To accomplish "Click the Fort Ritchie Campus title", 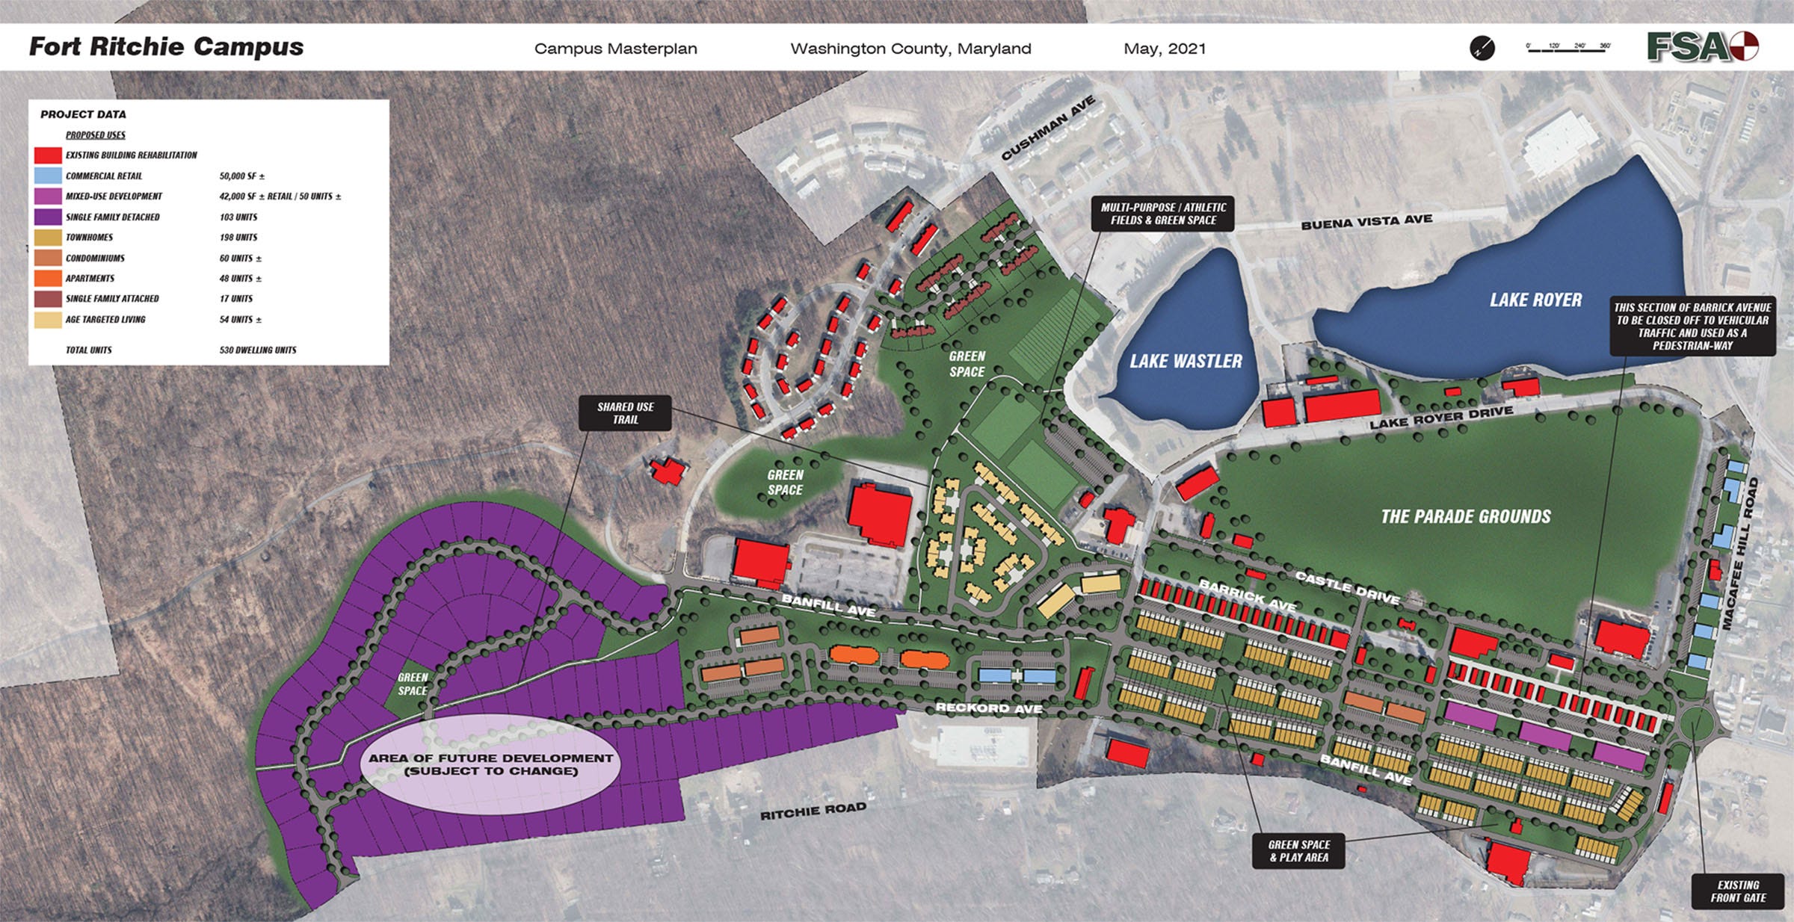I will coord(166,47).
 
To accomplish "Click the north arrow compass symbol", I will coord(1482,49).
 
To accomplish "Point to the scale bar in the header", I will coord(1568,47).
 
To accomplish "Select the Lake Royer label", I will coord(1535,300).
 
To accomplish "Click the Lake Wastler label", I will coord(1186,362).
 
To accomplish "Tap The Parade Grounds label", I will coord(1465,516).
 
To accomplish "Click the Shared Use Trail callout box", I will coord(625,413).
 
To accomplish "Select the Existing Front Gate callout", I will coord(1738,891).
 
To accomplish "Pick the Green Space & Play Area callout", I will coord(1298,851).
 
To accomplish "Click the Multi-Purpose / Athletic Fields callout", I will coord(1163,214).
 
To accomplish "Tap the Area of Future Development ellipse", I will coord(490,764).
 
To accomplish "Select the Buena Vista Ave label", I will coord(1366,221).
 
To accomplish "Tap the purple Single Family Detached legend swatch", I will coord(48,217).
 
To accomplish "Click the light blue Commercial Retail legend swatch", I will coord(48,176).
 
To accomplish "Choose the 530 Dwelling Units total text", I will coord(258,350).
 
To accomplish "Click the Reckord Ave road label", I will coord(989,708).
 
